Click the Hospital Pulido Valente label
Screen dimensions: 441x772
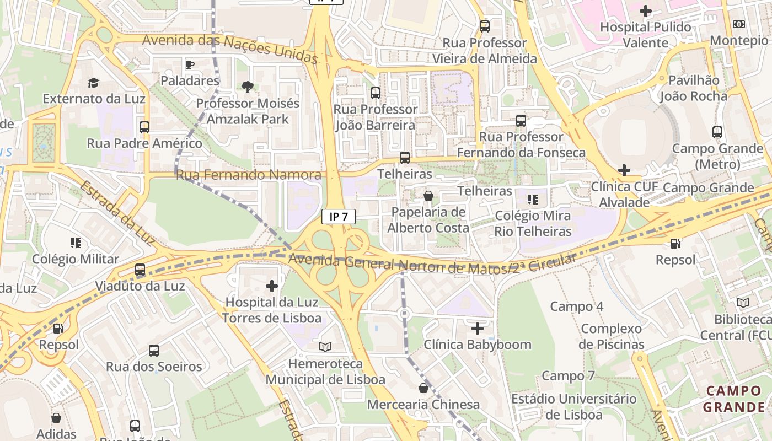coord(645,35)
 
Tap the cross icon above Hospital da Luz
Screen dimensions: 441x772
coord(271,286)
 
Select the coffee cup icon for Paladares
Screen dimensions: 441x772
coord(190,65)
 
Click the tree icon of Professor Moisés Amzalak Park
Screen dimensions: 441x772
coord(248,87)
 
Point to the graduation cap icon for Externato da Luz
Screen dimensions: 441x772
coord(93,83)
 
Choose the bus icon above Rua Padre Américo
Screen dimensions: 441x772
coord(144,127)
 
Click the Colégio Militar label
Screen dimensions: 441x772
coord(76,259)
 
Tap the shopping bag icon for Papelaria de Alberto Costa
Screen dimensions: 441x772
coord(428,196)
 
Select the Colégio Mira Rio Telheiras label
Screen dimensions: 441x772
coord(533,223)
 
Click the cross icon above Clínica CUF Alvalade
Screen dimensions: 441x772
coord(624,170)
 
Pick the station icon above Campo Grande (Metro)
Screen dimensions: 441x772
coord(717,132)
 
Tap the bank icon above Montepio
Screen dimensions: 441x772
coord(738,24)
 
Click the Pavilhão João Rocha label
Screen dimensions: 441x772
coord(694,88)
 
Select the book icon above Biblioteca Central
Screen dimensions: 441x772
coord(743,303)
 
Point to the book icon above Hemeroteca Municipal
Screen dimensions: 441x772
coord(325,347)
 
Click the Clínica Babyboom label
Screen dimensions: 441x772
coord(478,345)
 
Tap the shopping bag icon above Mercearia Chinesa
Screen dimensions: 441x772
coord(423,388)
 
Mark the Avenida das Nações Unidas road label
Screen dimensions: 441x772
coord(230,47)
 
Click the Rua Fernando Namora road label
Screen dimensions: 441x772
coord(248,175)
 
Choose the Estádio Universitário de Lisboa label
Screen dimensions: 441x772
coord(573,406)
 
